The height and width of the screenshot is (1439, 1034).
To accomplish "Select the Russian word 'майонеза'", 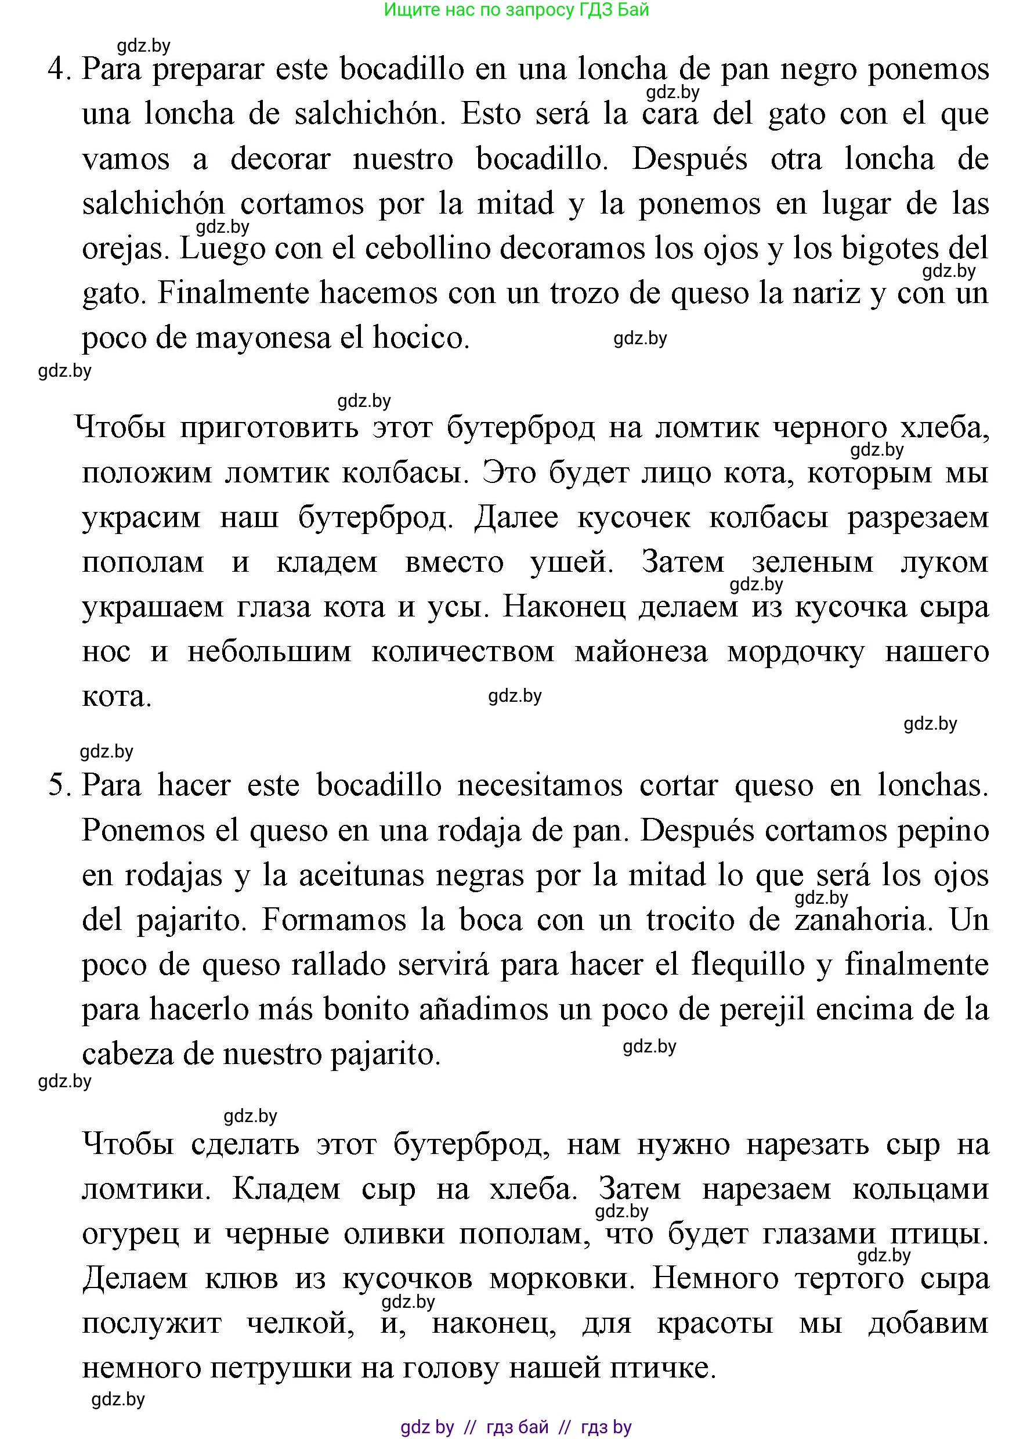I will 641,652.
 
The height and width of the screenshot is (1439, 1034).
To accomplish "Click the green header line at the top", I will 516,10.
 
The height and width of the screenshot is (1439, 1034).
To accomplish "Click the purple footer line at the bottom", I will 516,1427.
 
